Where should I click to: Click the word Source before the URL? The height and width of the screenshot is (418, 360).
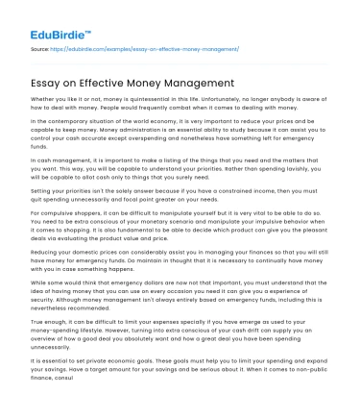39,46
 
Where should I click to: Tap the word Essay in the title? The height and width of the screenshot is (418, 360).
46,84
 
